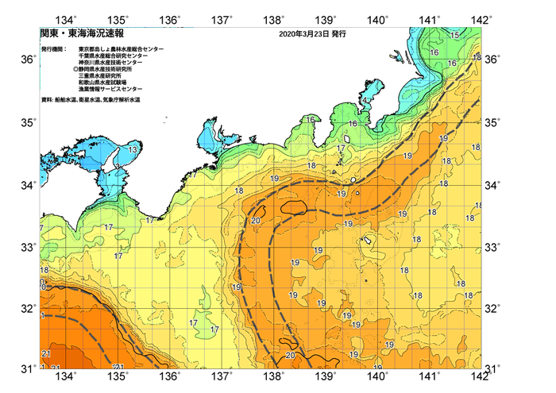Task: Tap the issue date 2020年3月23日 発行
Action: pyautogui.click(x=313, y=35)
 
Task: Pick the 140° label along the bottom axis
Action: pyautogui.click(x=378, y=376)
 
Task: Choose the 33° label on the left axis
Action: pyautogui.click(x=26, y=248)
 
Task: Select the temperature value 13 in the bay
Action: pyautogui.click(x=134, y=149)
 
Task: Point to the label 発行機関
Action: pyautogui.click(x=53, y=49)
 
